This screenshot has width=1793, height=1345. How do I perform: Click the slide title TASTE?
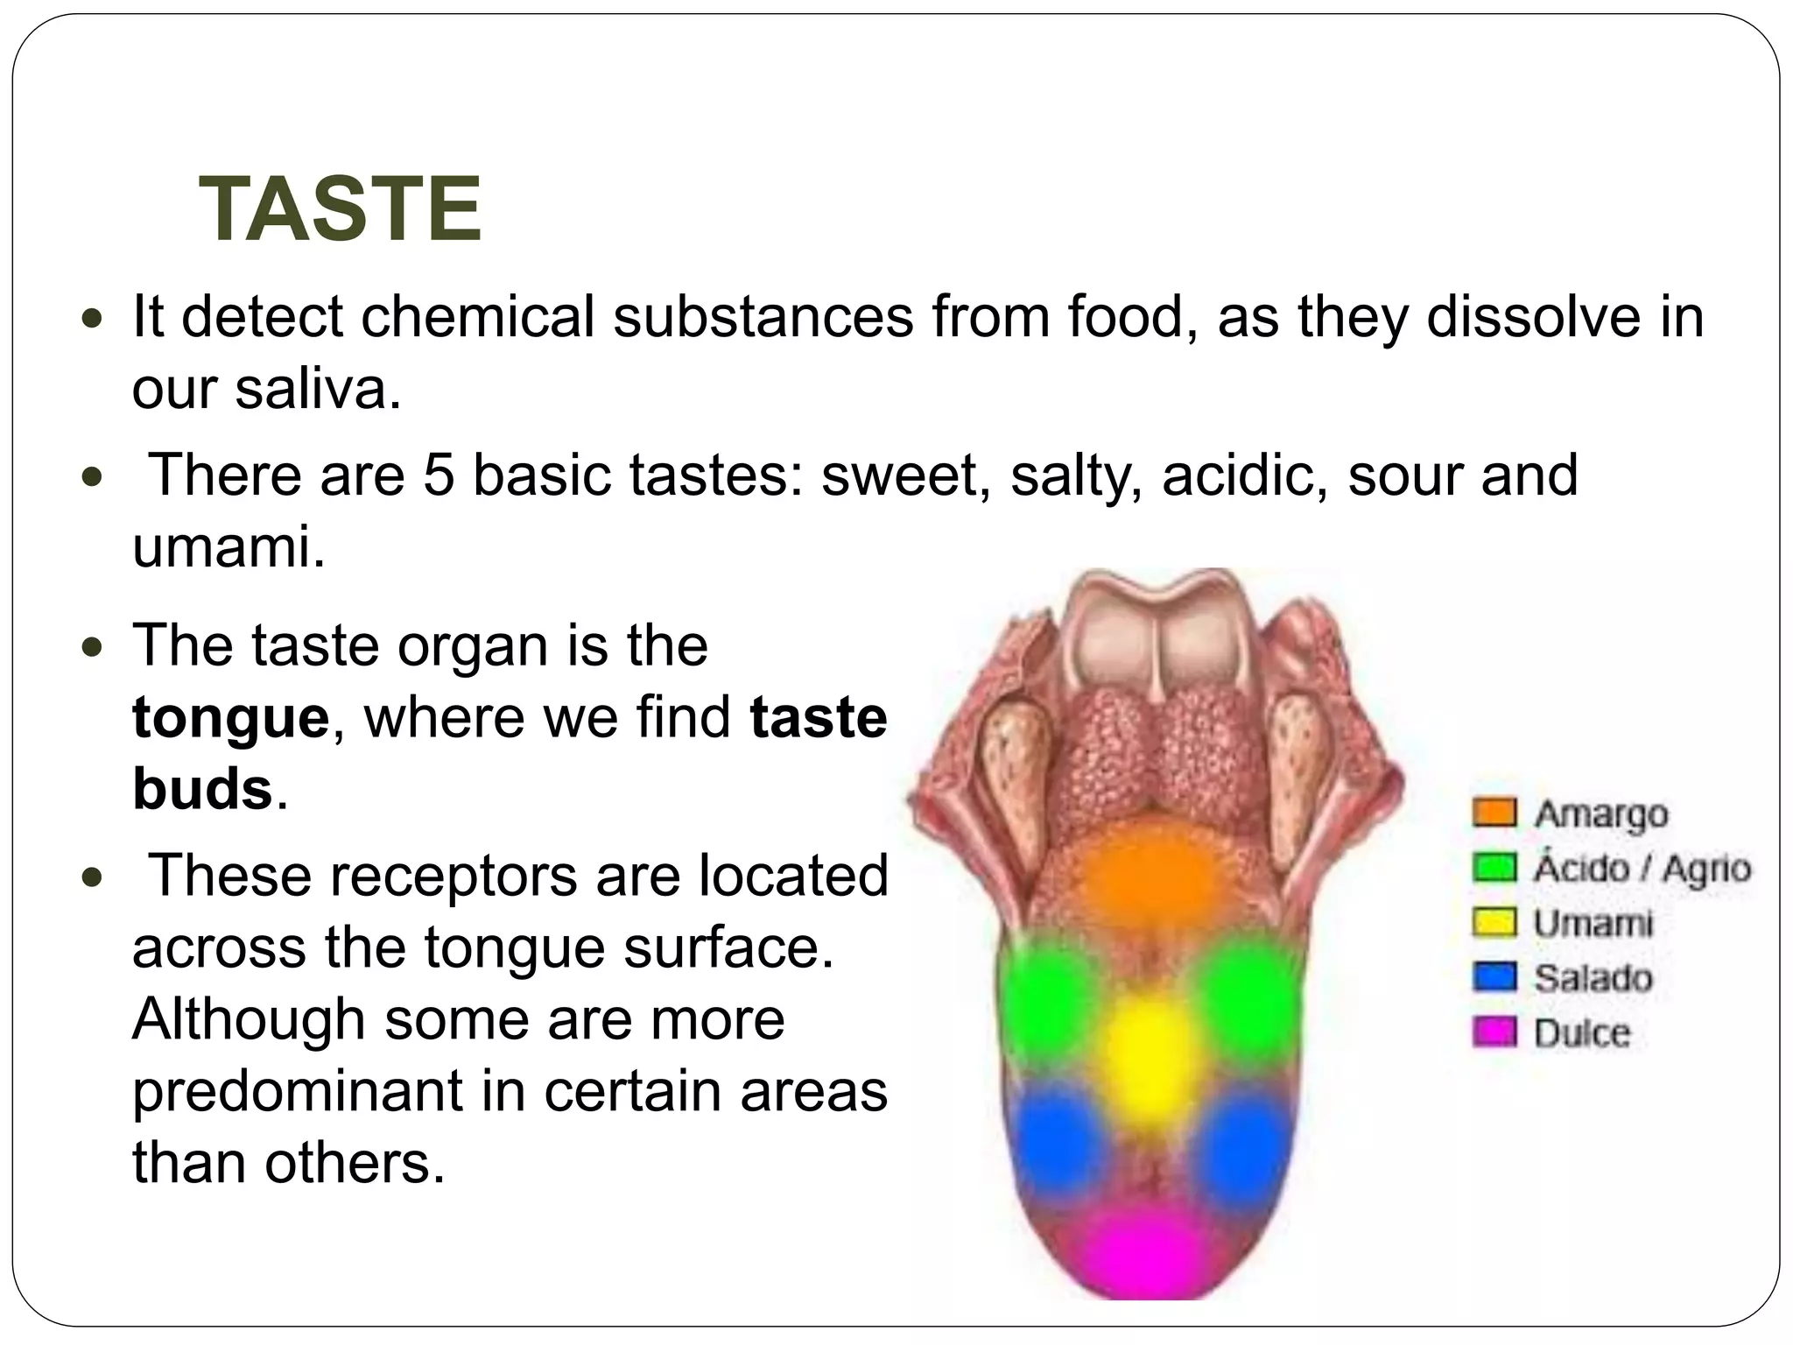pos(341,209)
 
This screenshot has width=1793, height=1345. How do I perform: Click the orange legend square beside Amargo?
pos(1494,812)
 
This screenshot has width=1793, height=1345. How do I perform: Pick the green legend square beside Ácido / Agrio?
pos(1494,867)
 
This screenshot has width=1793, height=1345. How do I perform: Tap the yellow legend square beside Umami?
pos(1494,922)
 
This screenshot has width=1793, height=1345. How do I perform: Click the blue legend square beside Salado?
pos(1494,976)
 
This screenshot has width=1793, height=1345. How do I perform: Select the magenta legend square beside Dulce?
pos(1494,1032)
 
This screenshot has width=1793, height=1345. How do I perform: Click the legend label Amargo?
pos(1601,813)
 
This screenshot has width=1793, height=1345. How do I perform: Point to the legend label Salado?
pos(1593,977)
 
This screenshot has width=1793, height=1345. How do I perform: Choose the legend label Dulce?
pos(1582,1032)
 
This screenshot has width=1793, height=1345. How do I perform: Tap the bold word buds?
pos(202,790)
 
